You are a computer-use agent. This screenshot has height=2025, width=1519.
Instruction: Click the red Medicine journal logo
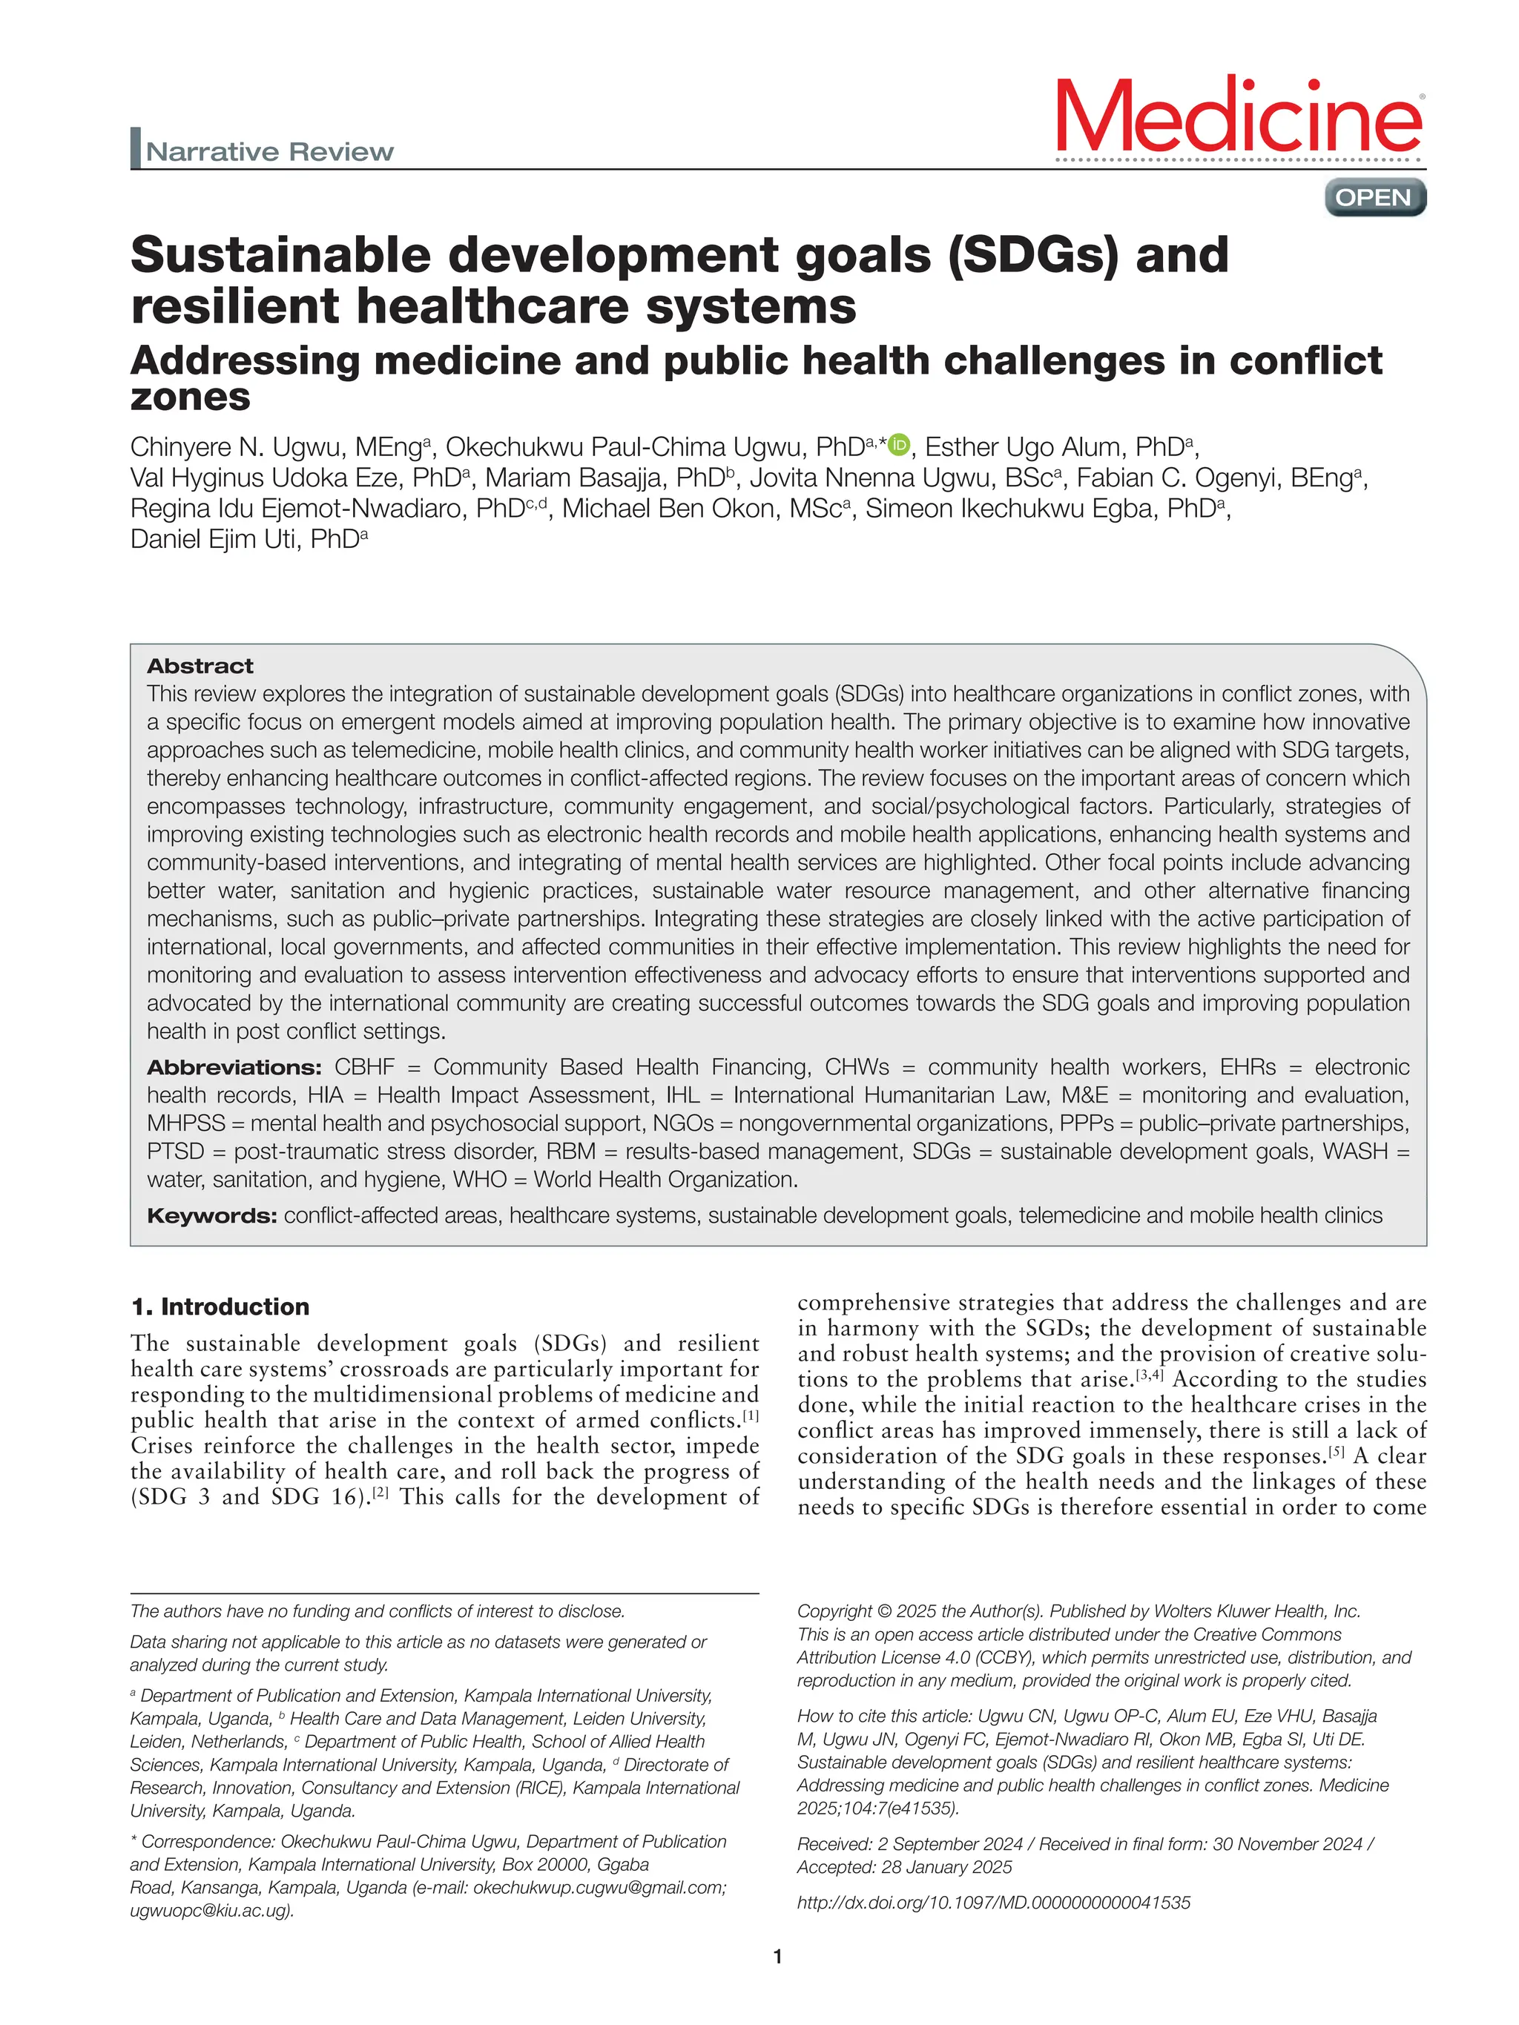1239,117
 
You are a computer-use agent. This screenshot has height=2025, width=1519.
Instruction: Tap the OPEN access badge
1374,198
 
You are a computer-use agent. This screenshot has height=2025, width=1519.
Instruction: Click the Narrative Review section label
269,151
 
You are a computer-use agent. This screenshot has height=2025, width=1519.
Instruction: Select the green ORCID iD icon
899,445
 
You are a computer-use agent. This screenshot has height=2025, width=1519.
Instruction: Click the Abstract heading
200,666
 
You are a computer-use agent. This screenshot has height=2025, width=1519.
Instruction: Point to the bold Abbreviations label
234,1068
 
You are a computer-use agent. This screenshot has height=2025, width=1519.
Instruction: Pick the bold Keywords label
211,1216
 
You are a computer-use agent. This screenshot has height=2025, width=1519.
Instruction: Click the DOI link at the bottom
993,1903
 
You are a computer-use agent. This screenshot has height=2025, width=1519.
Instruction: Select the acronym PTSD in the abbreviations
175,1152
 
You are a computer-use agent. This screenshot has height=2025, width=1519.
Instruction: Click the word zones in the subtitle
191,397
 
